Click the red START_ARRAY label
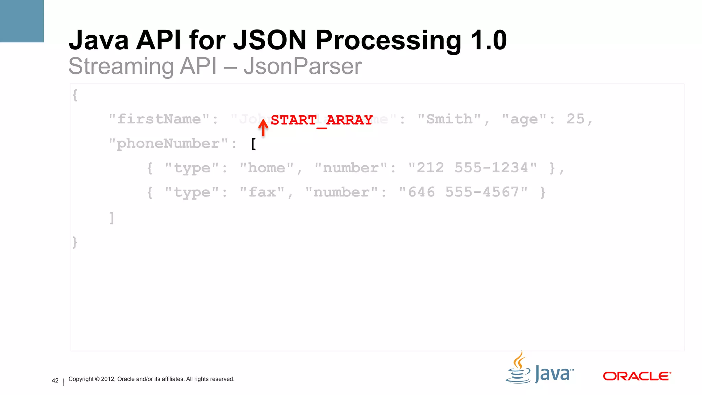point(322,120)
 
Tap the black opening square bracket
point(254,144)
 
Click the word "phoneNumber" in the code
point(168,144)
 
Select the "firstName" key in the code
point(159,119)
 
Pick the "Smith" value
point(449,119)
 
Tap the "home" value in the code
point(266,168)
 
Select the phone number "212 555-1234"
point(472,168)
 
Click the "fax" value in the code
point(262,192)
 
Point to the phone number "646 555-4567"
point(463,192)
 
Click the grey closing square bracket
point(111,218)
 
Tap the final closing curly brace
point(75,242)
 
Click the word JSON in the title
point(270,40)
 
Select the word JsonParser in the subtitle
point(303,66)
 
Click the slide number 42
point(55,381)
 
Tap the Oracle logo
point(637,376)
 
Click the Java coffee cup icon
point(519,369)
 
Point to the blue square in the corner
point(22,21)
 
